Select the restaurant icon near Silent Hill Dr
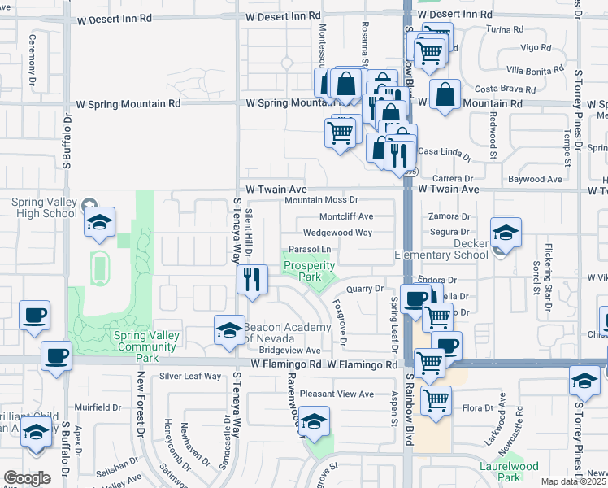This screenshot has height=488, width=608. point(252,280)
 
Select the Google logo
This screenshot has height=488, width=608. point(27,478)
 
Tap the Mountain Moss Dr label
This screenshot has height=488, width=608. point(322,200)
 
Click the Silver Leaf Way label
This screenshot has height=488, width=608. point(190,376)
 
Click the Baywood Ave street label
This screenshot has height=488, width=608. point(535,178)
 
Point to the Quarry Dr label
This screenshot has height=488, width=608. point(364,288)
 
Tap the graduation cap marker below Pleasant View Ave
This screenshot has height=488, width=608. point(314,421)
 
